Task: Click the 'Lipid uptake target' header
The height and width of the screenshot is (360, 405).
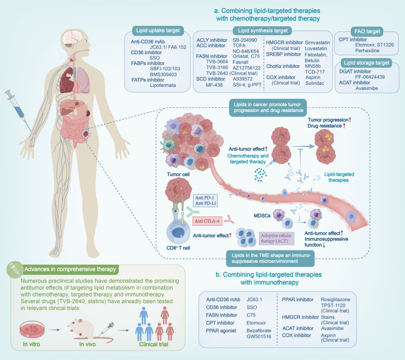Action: [157, 30]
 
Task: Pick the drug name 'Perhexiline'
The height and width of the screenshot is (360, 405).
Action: [370, 52]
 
